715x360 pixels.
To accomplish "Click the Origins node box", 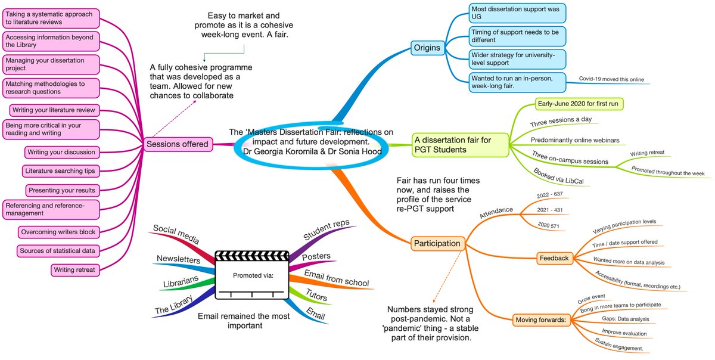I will (428, 46).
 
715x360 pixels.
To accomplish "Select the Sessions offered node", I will (178, 143).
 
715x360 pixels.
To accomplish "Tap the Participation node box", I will (437, 243).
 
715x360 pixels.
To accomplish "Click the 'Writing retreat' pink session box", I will (76, 270).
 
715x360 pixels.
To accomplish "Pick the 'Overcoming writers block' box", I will (57, 231).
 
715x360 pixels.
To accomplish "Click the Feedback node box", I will (554, 258).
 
